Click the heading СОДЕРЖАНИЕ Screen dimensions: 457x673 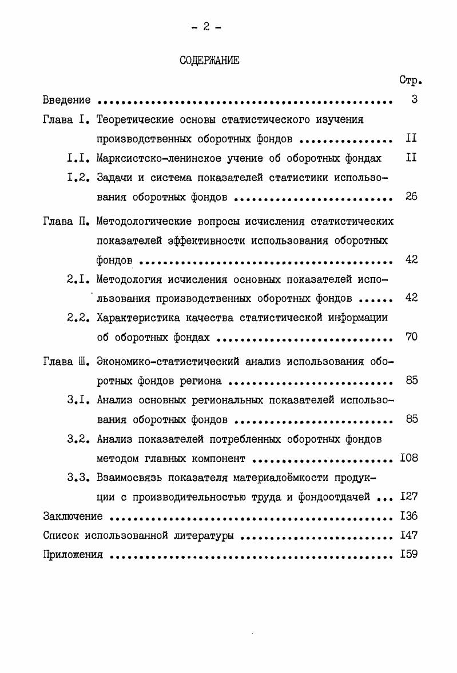tap(209, 61)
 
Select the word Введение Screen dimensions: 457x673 tap(67, 101)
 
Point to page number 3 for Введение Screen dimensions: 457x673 tap(414, 100)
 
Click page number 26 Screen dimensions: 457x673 tap(411, 197)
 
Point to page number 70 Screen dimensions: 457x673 tap(411, 336)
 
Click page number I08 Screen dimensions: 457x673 tap(409, 458)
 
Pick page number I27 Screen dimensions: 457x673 tap(409, 497)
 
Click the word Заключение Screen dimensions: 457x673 tap(73, 516)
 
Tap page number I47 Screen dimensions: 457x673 tap(409, 536)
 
